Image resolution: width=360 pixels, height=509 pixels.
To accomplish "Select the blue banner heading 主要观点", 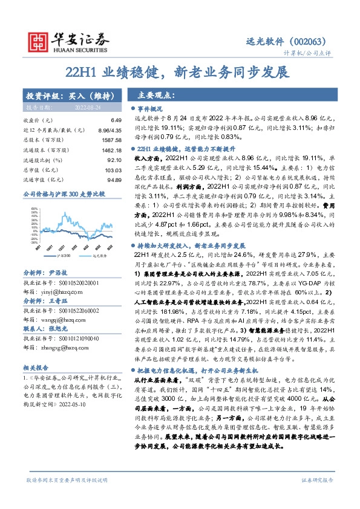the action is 156,95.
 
